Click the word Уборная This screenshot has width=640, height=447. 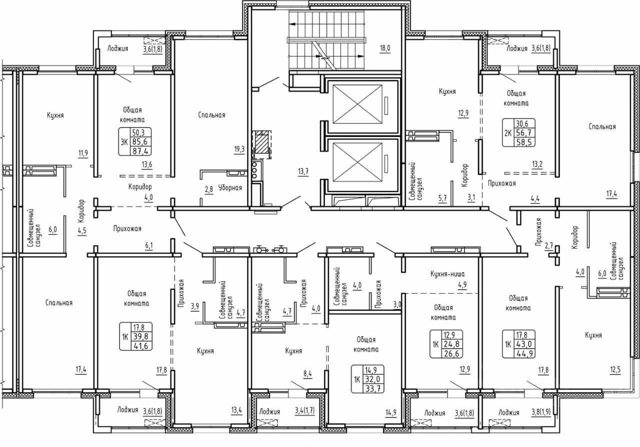coord(230,188)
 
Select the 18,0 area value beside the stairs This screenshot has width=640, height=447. coord(385,48)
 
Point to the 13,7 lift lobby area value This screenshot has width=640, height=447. coord(303,171)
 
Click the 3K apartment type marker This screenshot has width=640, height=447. coord(124,142)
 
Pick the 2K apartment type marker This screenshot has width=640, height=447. coord(507,133)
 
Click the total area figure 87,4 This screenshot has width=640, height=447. coord(140,151)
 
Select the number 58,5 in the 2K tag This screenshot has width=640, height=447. coord(524,142)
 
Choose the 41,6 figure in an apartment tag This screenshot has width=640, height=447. coord(140,346)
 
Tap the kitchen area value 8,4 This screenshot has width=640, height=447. coord(307,374)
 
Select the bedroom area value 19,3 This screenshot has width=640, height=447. coord(239,149)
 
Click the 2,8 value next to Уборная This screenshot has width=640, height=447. coord(209,189)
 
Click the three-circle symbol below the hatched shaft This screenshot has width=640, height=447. coord(254,170)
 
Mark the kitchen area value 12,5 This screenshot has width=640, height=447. coord(615,370)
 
